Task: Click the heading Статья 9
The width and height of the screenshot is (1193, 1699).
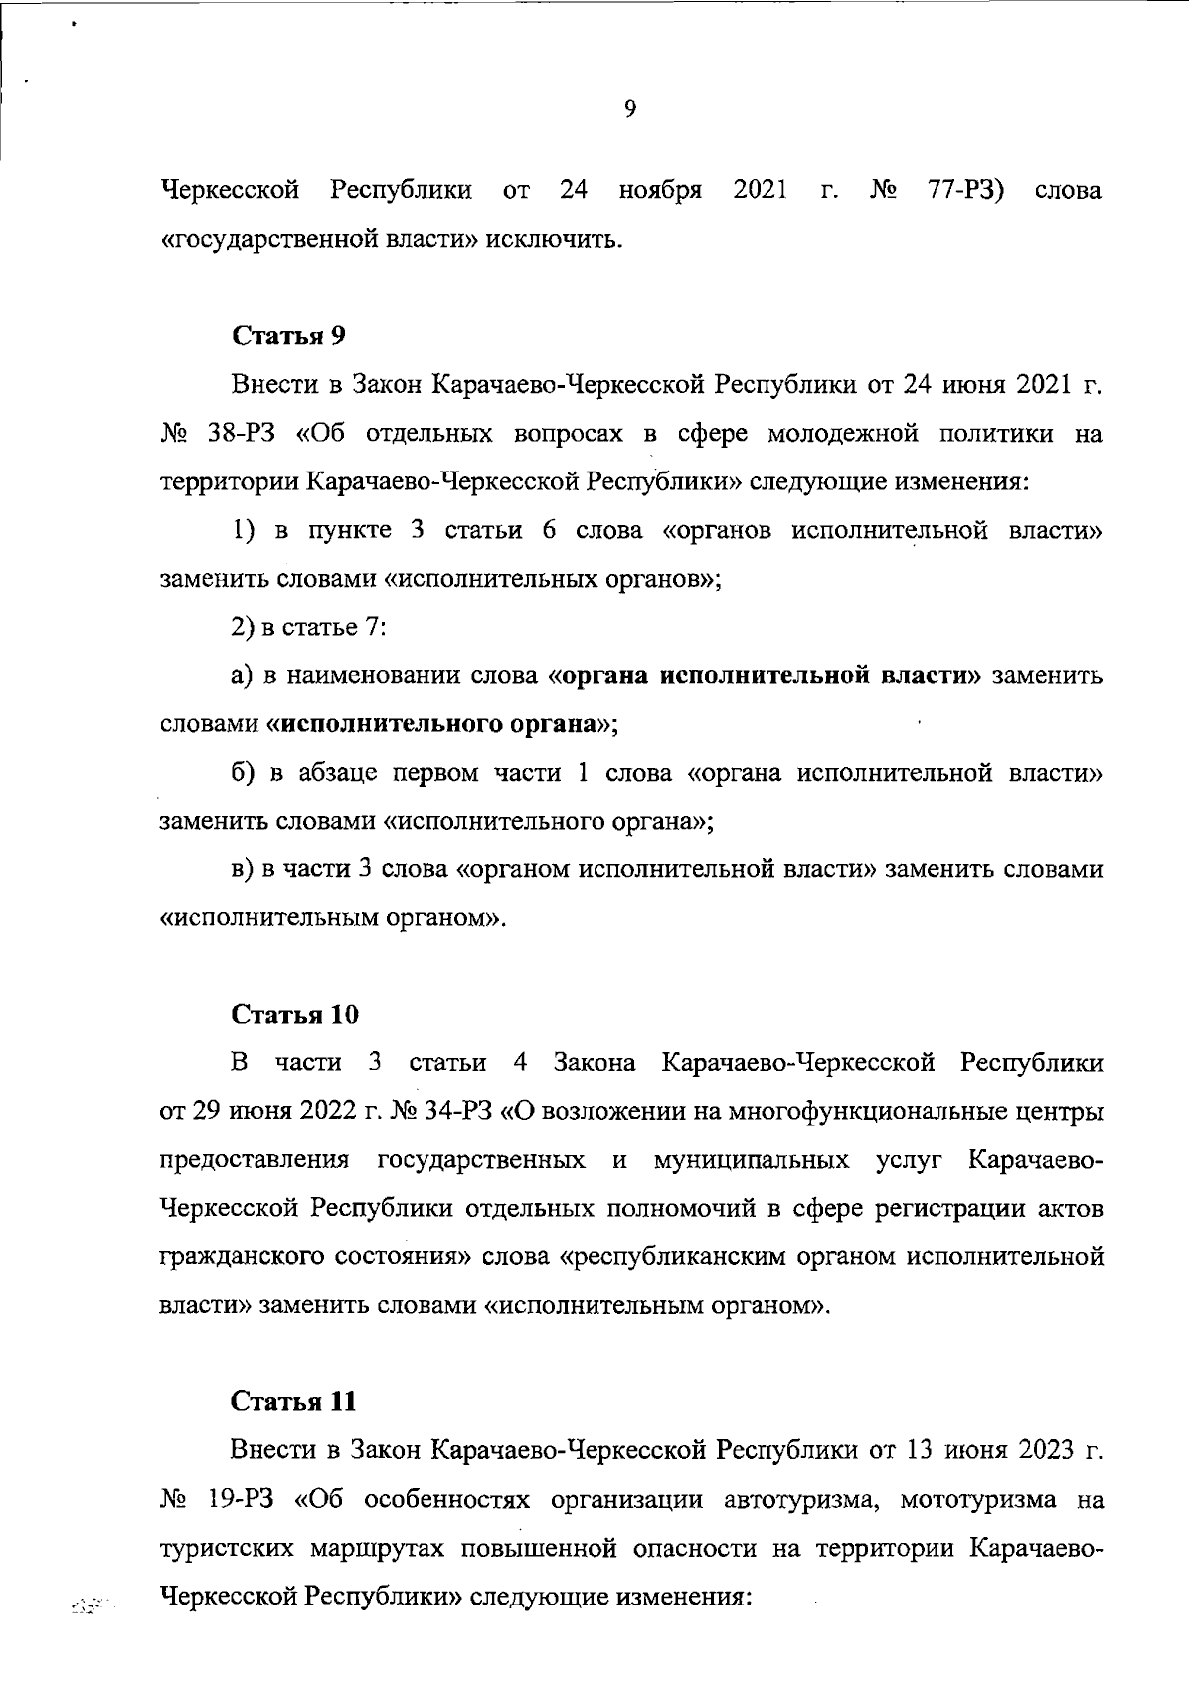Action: tap(288, 335)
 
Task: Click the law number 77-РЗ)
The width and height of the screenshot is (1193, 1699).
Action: tap(964, 189)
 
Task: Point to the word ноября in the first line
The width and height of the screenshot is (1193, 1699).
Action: tap(660, 189)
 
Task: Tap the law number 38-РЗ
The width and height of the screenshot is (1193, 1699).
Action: tap(244, 434)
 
